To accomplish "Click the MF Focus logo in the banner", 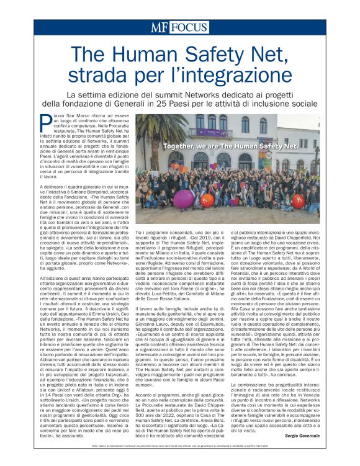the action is pos(180,27).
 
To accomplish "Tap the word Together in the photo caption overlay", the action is pos(163,147).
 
